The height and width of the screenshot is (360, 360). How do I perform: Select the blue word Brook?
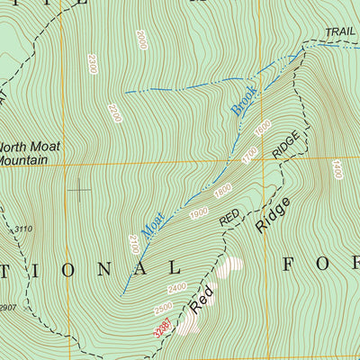click(x=244, y=100)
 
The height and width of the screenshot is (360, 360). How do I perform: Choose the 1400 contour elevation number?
click(x=337, y=169)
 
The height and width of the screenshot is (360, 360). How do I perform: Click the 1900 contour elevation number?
click(x=199, y=212)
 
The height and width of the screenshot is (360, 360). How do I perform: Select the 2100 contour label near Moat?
click(x=134, y=243)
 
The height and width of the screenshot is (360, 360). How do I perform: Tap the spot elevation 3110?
click(x=22, y=229)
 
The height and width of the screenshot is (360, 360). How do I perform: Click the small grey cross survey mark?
click(x=80, y=188)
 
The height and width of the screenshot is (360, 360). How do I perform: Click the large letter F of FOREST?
click(x=292, y=264)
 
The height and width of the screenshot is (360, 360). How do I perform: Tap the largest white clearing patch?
click(x=231, y=267)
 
